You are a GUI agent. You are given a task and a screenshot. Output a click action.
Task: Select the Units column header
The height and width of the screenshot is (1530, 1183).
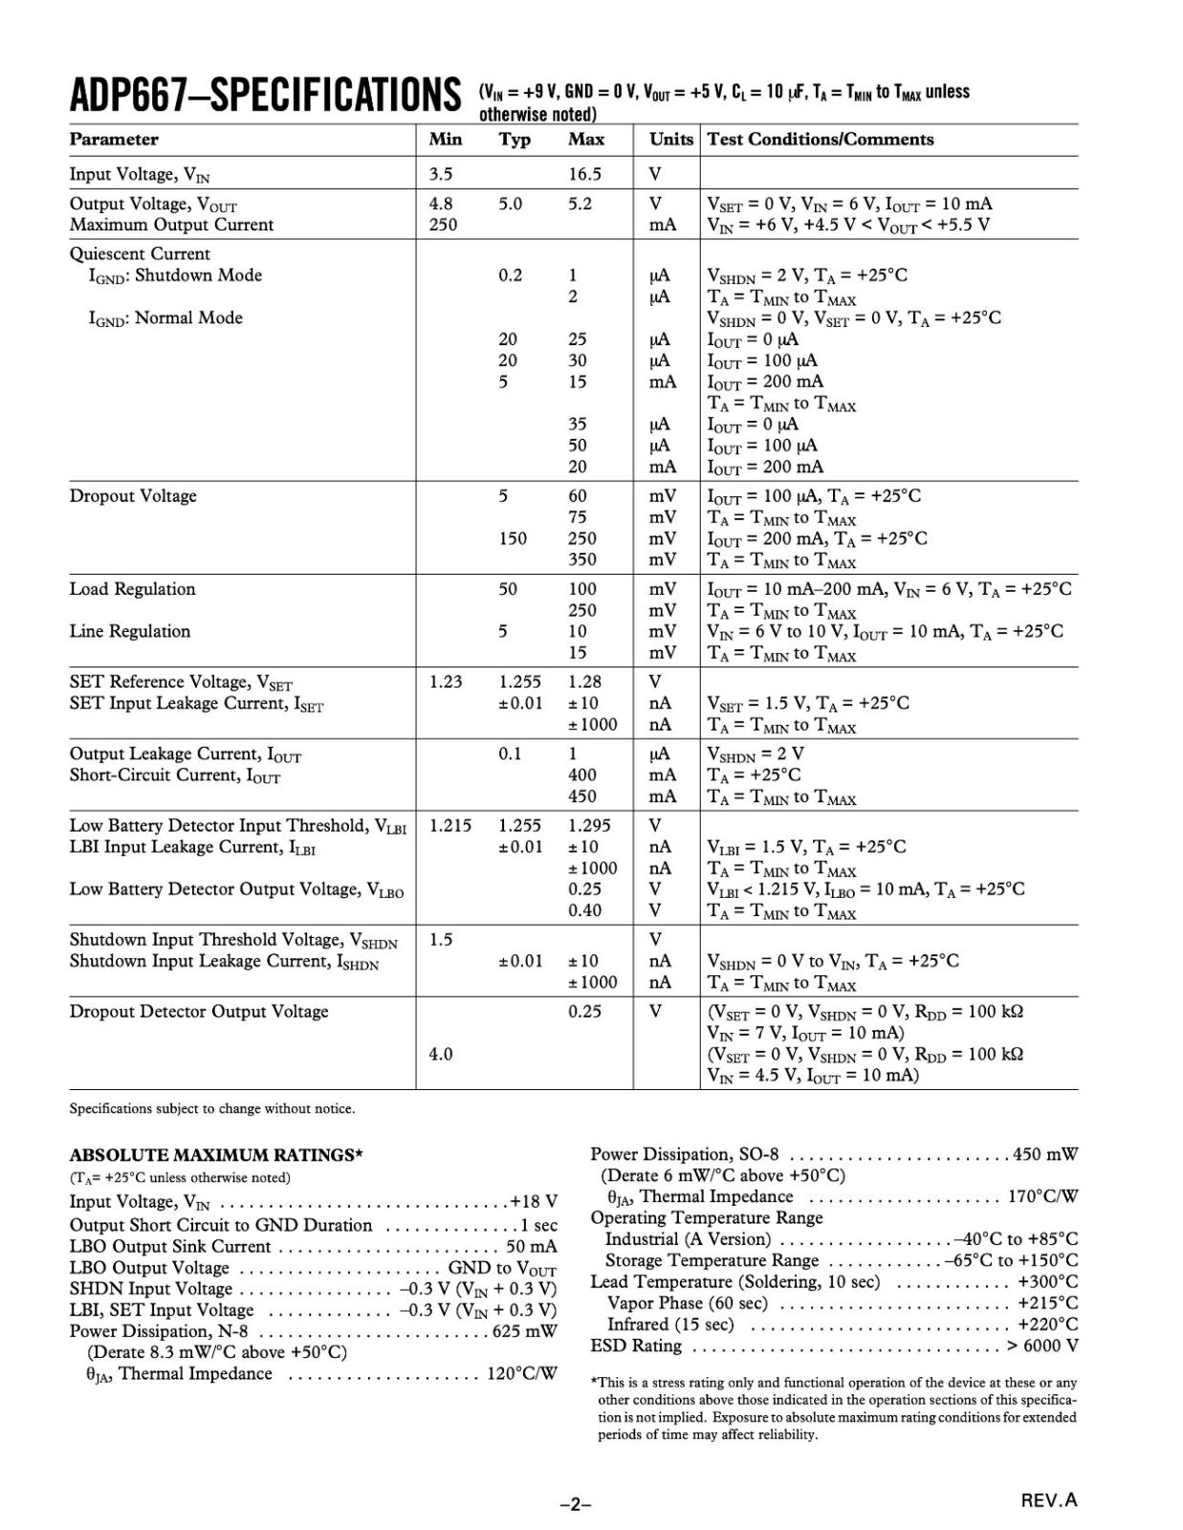[x=670, y=140]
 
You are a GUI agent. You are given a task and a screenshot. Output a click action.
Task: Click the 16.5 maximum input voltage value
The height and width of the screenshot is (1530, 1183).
[x=584, y=174]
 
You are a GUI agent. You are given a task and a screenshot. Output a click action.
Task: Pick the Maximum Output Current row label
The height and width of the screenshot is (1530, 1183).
[x=171, y=225]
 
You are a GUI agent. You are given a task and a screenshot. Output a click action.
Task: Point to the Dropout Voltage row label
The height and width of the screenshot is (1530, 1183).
[x=133, y=496]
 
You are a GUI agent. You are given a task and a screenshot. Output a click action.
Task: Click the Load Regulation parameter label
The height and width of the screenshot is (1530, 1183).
[x=132, y=589]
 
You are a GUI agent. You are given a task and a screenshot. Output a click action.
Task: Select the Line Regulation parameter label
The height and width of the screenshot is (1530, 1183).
[x=130, y=631]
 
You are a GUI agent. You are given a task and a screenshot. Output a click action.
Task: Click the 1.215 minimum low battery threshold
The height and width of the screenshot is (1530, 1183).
[x=449, y=825]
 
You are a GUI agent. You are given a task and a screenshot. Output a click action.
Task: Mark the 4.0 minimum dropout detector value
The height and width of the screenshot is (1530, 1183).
[x=440, y=1054]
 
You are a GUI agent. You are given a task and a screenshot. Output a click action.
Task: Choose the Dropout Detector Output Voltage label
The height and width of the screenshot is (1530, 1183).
[x=199, y=1012]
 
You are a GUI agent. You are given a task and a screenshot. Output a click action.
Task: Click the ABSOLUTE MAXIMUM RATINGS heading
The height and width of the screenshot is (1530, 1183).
[x=216, y=1155]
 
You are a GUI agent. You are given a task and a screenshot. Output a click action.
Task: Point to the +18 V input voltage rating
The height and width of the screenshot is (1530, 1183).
[x=534, y=1202]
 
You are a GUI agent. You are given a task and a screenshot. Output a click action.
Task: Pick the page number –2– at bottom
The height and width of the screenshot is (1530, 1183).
[x=576, y=1504]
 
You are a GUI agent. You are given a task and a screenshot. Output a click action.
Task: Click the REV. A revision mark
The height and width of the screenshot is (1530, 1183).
[x=1049, y=1500]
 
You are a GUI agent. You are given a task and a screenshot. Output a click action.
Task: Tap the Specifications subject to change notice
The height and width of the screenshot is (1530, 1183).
[x=212, y=1109]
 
